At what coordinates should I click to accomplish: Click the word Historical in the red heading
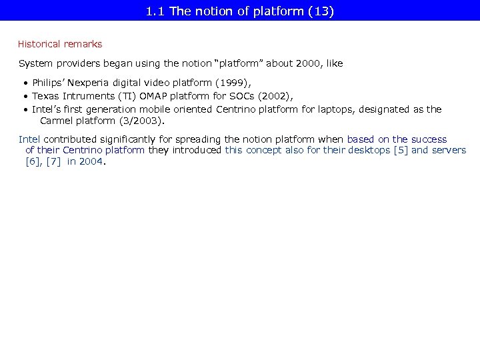click(x=39, y=44)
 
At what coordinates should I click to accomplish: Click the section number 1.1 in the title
click(x=155, y=11)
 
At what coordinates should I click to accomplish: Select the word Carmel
click(x=56, y=121)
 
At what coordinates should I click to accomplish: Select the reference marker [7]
click(x=54, y=161)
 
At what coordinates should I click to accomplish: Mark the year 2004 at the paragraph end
click(x=91, y=161)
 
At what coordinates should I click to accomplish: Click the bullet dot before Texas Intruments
click(x=25, y=96)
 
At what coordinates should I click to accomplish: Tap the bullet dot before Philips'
click(x=25, y=83)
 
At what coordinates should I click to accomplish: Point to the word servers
click(x=448, y=150)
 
